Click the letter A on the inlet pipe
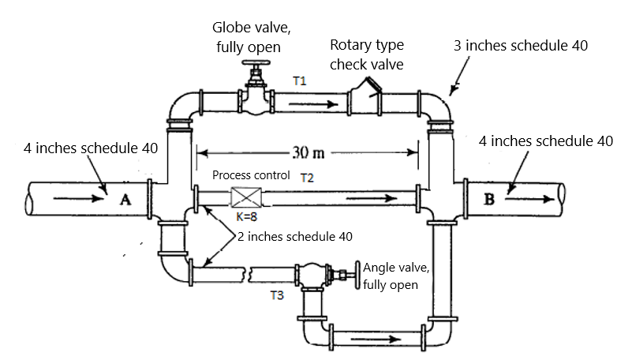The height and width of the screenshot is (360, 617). (125, 200)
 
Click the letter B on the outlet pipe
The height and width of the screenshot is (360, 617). (489, 199)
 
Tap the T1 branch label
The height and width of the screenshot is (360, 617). (299, 81)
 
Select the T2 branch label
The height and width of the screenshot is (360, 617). (307, 178)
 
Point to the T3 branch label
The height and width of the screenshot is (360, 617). (276, 295)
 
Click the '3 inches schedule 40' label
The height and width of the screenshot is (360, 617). (521, 46)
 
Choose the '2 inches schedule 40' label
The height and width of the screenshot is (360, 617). (294, 235)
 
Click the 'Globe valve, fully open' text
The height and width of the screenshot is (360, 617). (253, 38)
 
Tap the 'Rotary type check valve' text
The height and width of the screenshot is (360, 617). (367, 55)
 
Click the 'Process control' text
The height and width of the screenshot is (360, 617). (251, 175)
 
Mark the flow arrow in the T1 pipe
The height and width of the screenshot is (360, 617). (313, 102)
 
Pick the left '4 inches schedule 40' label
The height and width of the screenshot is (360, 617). (79, 148)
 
